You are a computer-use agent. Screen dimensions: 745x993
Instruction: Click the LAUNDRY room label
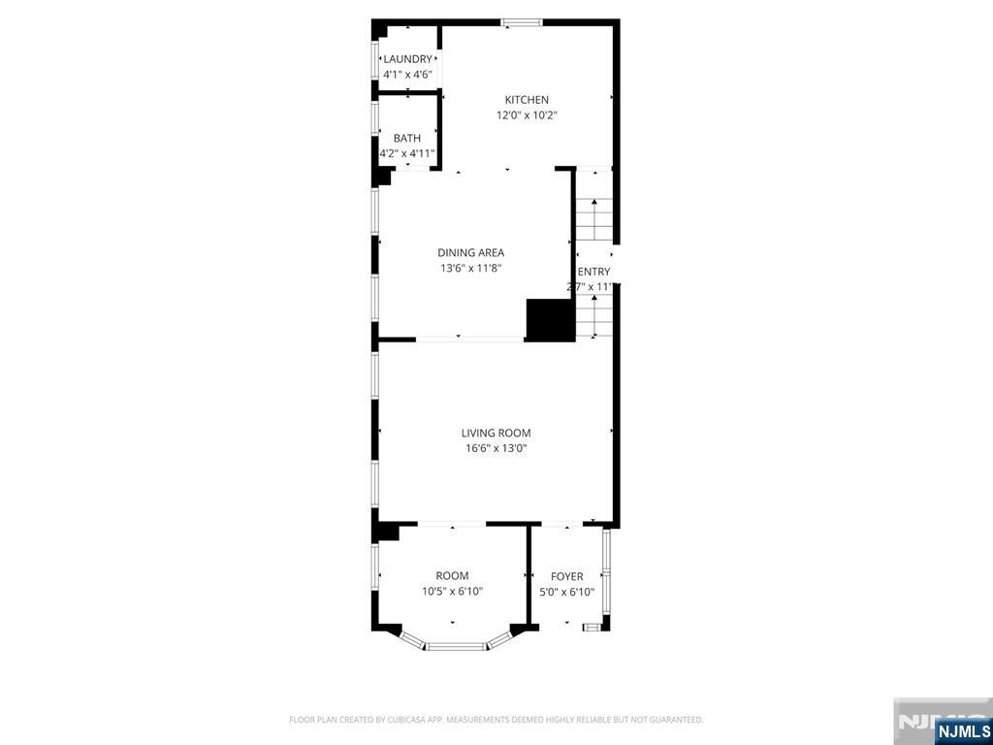pyautogui.click(x=407, y=59)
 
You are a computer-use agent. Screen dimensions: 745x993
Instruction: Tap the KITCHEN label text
pyautogui.click(x=527, y=100)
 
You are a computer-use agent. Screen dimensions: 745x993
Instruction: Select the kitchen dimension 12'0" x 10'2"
pyautogui.click(x=527, y=115)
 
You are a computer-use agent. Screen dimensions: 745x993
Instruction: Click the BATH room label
pyautogui.click(x=407, y=139)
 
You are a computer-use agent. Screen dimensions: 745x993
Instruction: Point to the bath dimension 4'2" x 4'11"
pyautogui.click(x=407, y=153)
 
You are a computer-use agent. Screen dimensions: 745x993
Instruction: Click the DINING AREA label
pyautogui.click(x=470, y=253)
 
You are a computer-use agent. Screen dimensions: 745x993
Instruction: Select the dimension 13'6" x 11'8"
pyautogui.click(x=470, y=269)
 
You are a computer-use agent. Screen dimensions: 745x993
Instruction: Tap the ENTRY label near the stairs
pyautogui.click(x=593, y=273)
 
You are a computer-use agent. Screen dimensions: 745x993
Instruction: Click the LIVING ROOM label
pyautogui.click(x=496, y=434)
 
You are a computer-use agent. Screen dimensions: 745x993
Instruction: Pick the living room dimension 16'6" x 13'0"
pyautogui.click(x=496, y=449)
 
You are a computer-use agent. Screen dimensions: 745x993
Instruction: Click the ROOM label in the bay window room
pyautogui.click(x=452, y=576)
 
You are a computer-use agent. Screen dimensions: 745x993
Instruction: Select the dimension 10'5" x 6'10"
pyautogui.click(x=452, y=592)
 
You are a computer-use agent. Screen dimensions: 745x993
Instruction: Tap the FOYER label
pyautogui.click(x=566, y=577)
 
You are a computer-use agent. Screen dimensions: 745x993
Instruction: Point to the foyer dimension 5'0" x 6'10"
pyautogui.click(x=566, y=592)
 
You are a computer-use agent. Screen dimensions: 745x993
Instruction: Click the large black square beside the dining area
pyautogui.click(x=549, y=320)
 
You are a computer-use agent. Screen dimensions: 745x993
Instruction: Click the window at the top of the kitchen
pyautogui.click(x=522, y=22)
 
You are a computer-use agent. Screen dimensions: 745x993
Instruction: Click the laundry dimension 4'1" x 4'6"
pyautogui.click(x=407, y=74)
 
